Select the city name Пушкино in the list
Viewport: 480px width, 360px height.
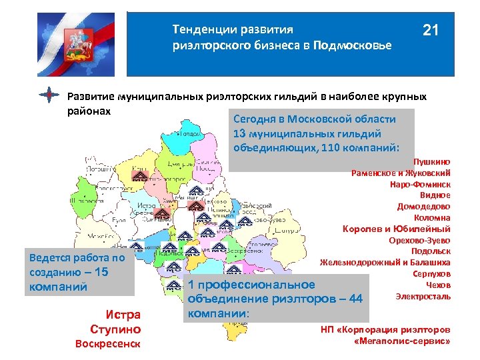tap(431, 161)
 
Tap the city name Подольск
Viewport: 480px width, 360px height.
tap(430, 251)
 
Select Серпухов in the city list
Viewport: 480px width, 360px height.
tap(431, 273)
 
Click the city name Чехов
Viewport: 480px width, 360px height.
tap(439, 285)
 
